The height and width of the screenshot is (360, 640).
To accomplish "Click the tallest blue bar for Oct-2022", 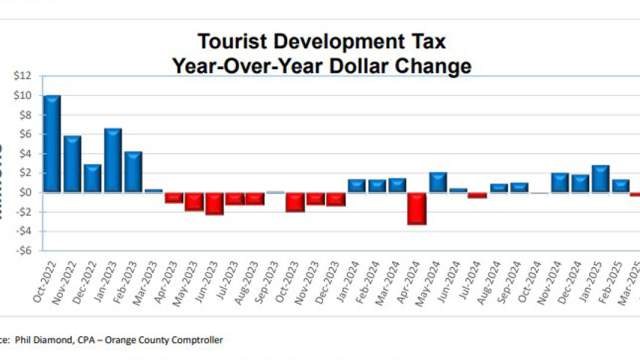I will pos(52,143).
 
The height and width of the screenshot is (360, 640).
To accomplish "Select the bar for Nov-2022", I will pos(72,163).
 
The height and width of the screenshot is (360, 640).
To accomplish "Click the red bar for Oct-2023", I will pos(295,201).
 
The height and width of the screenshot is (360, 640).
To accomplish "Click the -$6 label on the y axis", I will pos(22,251).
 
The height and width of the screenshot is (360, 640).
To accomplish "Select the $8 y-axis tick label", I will pos(24,115).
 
